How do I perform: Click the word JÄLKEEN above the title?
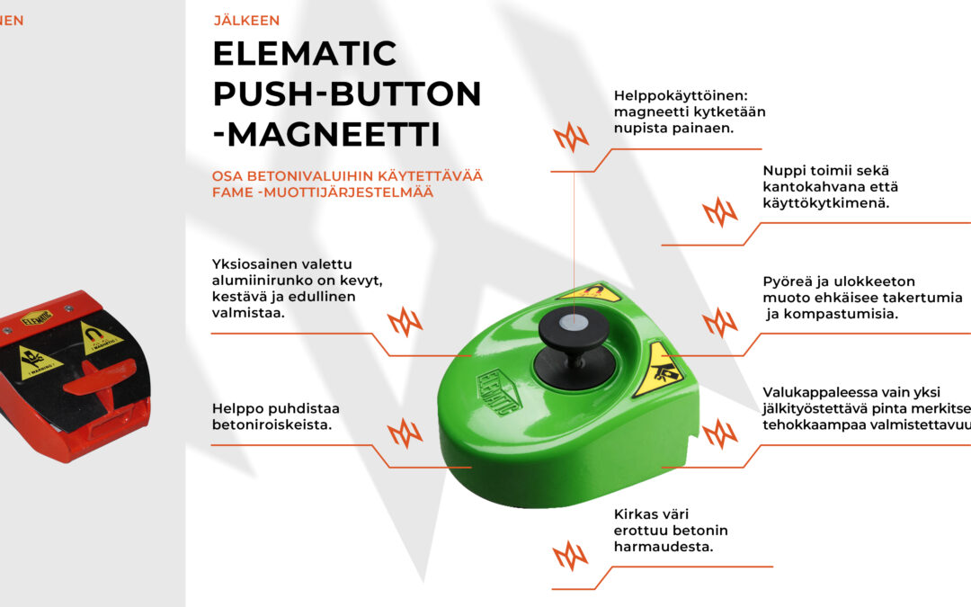pyautogui.click(x=246, y=21)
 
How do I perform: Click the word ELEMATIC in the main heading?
pyautogui.click(x=304, y=54)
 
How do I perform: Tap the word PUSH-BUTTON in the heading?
pyautogui.click(x=347, y=94)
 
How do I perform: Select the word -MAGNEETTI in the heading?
pyautogui.click(x=326, y=135)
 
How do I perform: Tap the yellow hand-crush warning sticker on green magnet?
pyautogui.click(x=656, y=370)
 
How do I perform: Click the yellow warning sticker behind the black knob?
pyautogui.click(x=591, y=292)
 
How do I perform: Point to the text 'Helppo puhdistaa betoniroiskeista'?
pyautogui.click(x=275, y=416)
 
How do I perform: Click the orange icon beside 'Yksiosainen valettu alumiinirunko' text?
pyautogui.click(x=405, y=321)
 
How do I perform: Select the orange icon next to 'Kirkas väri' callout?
pyautogui.click(x=570, y=556)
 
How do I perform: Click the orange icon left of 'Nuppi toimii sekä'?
pyautogui.click(x=719, y=212)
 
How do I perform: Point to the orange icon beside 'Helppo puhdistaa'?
pyautogui.click(x=405, y=434)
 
